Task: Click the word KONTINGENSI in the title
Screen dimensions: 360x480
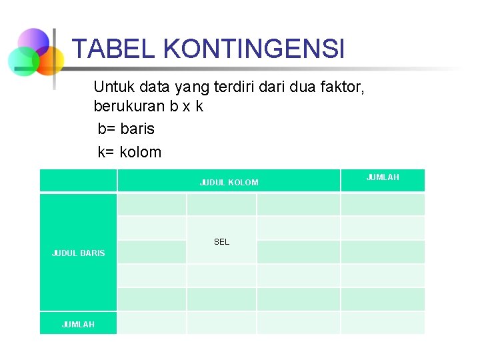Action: (253, 49)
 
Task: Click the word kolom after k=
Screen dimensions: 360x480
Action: (141, 152)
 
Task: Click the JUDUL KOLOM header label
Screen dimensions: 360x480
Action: (229, 182)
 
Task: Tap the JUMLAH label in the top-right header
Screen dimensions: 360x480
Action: (383, 177)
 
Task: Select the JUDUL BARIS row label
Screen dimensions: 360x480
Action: (78, 253)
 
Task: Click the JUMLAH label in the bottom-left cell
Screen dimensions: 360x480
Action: (78, 324)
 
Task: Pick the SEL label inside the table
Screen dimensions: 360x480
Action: (221, 242)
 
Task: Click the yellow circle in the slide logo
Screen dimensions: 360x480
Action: (50, 61)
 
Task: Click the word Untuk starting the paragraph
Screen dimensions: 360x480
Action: (113, 87)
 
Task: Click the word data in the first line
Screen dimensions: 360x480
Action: (152, 87)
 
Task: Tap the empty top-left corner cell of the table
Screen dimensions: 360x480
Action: (78, 180)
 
